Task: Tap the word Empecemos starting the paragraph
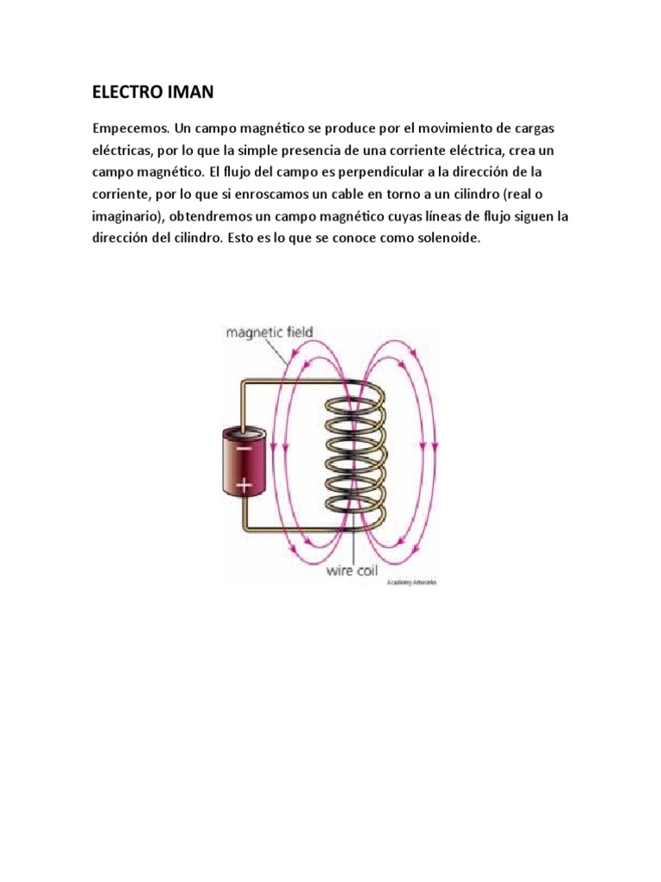(x=129, y=129)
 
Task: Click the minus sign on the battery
(x=244, y=449)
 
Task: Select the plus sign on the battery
(x=244, y=485)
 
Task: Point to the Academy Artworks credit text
(x=413, y=583)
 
